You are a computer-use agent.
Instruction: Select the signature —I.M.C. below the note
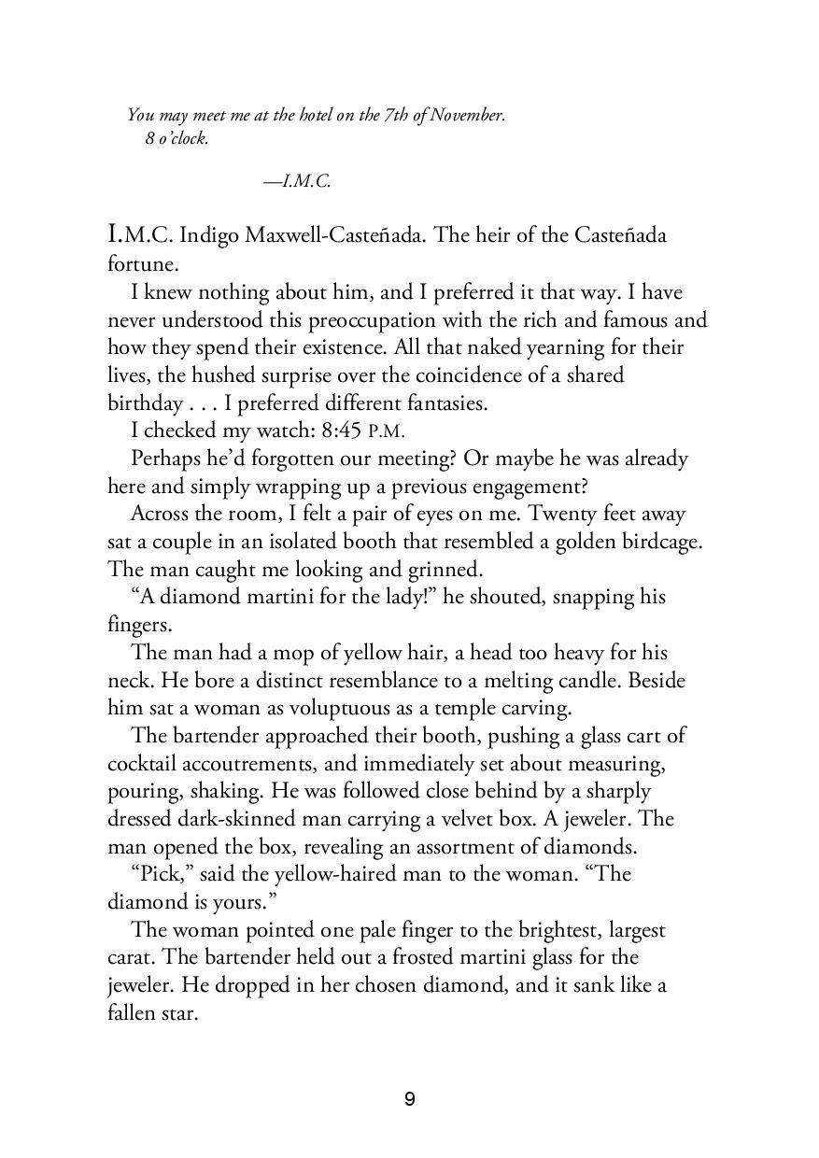click(x=297, y=182)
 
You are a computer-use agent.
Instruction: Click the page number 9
click(x=409, y=1099)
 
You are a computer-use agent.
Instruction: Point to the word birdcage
click(x=655, y=542)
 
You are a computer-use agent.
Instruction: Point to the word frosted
click(x=468, y=958)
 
